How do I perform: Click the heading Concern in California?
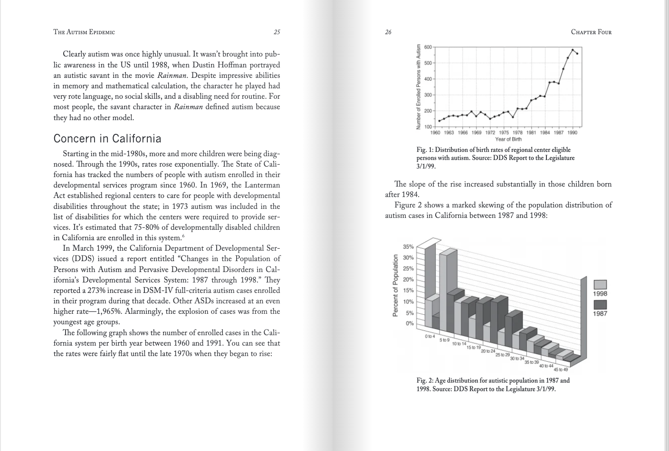coord(107,139)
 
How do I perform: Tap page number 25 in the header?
coord(277,32)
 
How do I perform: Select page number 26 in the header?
coord(388,32)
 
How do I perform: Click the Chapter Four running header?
coord(591,32)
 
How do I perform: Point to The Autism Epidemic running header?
coord(84,32)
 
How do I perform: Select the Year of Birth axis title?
coord(508,139)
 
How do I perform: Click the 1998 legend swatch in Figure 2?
coord(600,284)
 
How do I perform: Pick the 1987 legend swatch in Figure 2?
coord(600,304)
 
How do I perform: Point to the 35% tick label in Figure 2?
coord(408,247)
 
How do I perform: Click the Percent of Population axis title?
coord(395,285)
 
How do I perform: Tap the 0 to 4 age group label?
coord(430,336)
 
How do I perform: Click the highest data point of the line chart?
coord(573,50)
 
